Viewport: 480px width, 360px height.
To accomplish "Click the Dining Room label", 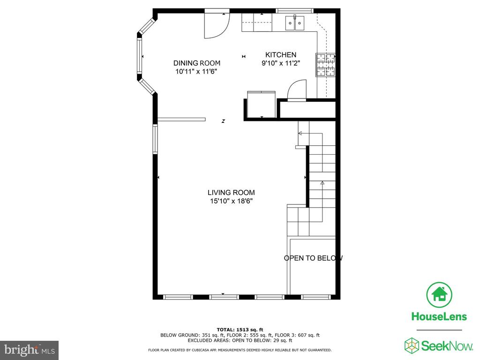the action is point(197,63).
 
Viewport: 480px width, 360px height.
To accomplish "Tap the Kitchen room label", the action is point(281,55).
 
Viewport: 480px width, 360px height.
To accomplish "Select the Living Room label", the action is point(231,193).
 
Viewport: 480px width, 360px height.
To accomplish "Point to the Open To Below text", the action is point(313,258).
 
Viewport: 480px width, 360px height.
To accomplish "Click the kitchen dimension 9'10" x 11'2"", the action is point(280,63).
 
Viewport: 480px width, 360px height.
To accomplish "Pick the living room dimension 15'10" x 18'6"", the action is point(231,201).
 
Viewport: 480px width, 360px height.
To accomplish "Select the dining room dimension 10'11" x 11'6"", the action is point(196,72).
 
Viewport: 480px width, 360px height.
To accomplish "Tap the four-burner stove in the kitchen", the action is point(326,65).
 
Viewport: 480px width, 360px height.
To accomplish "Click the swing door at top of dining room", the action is point(217,24).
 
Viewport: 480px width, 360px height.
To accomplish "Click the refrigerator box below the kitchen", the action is point(261,104).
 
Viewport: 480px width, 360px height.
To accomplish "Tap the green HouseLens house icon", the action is point(439,295).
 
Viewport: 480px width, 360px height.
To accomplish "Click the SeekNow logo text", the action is point(447,346).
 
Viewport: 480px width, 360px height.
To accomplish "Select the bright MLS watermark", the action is point(30,350).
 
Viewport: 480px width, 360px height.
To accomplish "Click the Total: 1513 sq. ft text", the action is point(240,330).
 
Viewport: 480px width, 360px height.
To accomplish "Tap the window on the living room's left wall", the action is point(155,139).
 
